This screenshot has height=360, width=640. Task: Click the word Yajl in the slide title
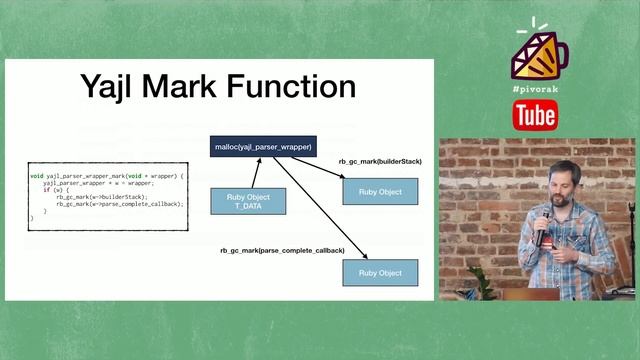113,87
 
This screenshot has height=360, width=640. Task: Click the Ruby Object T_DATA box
248,200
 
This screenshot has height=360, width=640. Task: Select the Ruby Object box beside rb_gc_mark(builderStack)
380,190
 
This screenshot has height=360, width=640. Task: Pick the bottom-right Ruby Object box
380,272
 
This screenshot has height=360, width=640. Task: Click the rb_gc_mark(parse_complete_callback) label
282,249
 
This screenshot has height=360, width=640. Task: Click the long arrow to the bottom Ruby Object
320,210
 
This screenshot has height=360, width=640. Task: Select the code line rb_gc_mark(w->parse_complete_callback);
119,204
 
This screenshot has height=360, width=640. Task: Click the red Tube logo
535,116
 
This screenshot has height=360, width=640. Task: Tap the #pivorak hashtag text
535,89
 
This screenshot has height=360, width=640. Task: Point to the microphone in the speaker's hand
540,228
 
